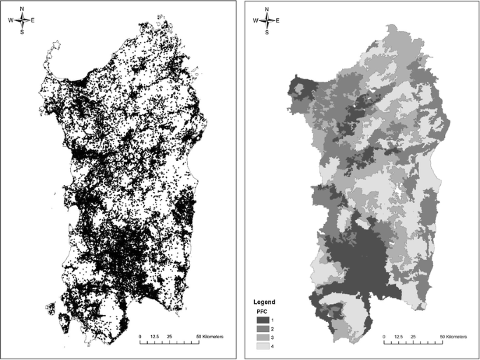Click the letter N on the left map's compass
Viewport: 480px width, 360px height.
22,9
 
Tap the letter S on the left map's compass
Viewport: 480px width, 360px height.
22,32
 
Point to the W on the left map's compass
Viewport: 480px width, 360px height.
11,20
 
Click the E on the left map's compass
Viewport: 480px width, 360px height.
32,20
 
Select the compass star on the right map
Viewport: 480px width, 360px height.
266,20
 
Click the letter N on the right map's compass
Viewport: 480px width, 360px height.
266,9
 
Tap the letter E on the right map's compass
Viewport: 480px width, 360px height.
277,20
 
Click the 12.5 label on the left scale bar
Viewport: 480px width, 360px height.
155,337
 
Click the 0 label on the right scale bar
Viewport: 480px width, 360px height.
384,337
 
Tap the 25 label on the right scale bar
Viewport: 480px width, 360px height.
413,337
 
